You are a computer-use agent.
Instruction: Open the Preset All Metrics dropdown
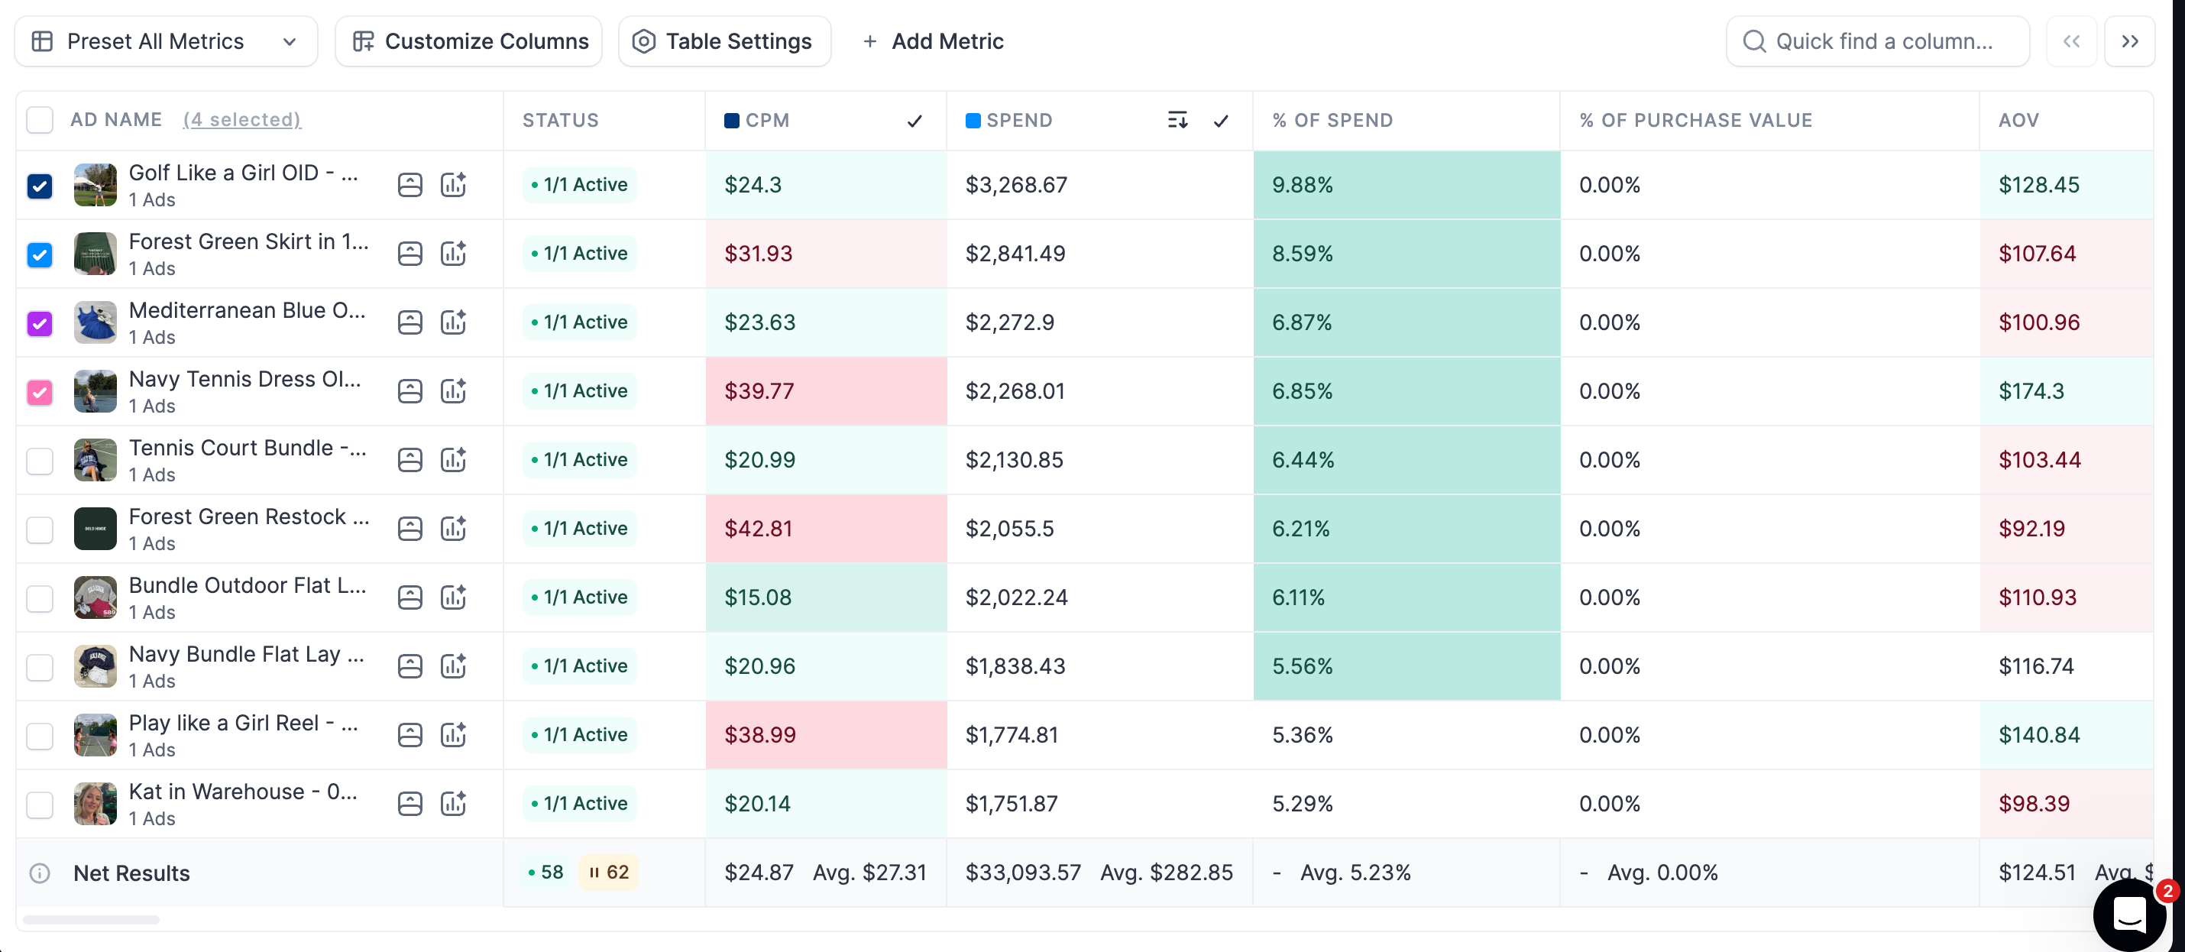pos(165,41)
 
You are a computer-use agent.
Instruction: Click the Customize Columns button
pos(469,41)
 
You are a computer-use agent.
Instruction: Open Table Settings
pos(724,41)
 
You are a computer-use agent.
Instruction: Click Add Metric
pos(933,41)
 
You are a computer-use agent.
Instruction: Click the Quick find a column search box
pos(1877,41)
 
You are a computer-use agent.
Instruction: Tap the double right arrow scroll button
pos(2129,41)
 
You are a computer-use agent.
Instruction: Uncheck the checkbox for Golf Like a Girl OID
pos(40,186)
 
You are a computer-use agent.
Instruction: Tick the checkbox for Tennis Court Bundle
pos(40,461)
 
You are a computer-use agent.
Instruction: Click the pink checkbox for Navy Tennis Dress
pos(40,392)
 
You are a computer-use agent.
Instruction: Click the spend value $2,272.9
pos(1009,322)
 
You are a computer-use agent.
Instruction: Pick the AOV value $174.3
pos(2031,391)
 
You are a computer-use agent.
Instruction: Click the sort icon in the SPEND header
pos(1177,121)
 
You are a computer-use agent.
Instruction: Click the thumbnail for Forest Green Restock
pos(95,529)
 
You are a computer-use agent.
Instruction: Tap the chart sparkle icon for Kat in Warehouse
pos(454,804)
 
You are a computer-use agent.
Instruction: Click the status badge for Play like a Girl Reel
pos(579,735)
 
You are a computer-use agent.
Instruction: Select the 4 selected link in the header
pos(241,121)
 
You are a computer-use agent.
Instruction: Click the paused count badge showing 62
pos(609,873)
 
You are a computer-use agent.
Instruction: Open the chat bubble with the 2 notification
pos(2129,915)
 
